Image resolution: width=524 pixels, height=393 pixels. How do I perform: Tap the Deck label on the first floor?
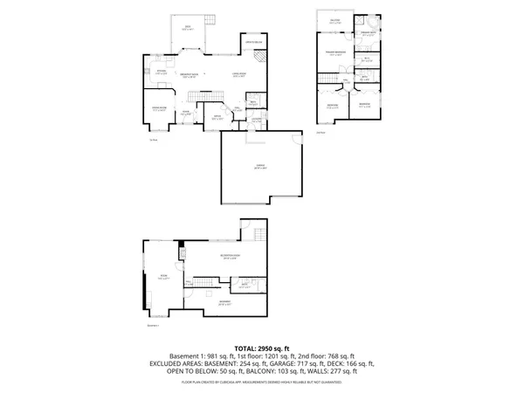click(x=188, y=29)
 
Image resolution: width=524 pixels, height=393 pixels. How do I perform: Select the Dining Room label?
click(x=160, y=109)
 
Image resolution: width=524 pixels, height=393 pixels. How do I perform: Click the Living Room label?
click(x=238, y=76)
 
